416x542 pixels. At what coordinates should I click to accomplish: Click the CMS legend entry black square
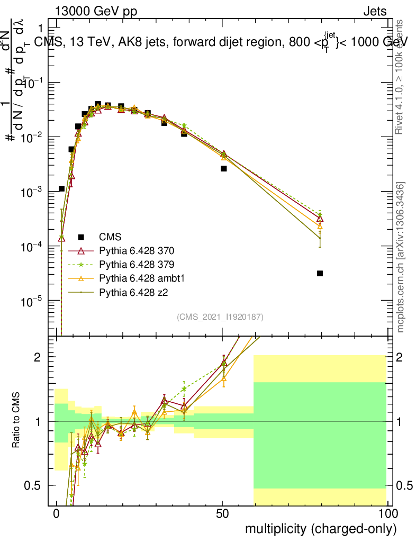click(x=82, y=237)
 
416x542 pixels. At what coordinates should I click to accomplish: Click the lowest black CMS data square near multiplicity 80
click(x=320, y=273)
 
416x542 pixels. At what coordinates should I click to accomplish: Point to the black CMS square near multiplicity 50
click(x=224, y=168)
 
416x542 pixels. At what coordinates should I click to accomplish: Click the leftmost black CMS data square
click(x=61, y=188)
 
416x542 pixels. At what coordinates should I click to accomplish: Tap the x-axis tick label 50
click(x=222, y=514)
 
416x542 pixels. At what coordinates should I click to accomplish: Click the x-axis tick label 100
click(x=387, y=514)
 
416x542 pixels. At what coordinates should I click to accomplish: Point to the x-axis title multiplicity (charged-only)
click(x=320, y=528)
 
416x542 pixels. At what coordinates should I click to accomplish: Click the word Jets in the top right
click(x=375, y=11)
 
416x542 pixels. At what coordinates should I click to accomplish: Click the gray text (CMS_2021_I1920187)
click(x=220, y=317)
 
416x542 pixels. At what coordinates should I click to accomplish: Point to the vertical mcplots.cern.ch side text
click(x=401, y=257)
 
